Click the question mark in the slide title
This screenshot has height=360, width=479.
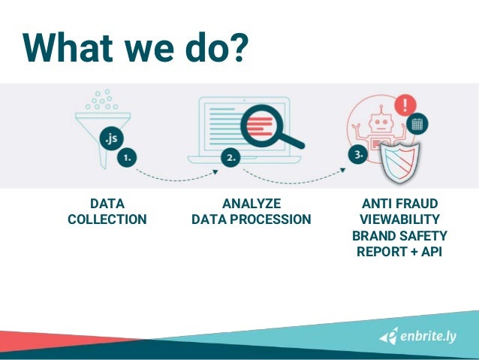click(236, 47)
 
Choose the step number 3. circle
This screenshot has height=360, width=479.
click(359, 155)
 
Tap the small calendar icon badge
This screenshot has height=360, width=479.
click(418, 123)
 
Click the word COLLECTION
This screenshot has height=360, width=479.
click(107, 219)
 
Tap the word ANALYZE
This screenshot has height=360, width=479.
click(252, 204)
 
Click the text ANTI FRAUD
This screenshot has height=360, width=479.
click(399, 204)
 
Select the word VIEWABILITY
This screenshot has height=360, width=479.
click(399, 219)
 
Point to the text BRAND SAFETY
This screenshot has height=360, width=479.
click(399, 236)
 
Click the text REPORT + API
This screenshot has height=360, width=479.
click(399, 252)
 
